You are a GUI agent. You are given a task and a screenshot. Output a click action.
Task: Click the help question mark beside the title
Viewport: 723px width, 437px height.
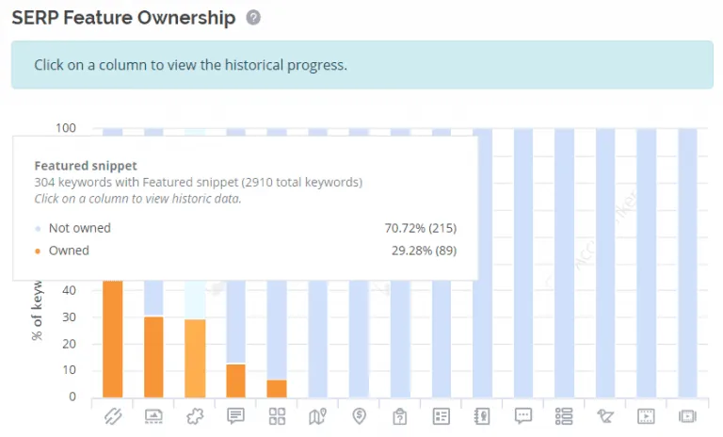[x=252, y=18]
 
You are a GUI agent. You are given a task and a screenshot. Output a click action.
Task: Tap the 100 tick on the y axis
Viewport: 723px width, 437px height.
[x=66, y=128]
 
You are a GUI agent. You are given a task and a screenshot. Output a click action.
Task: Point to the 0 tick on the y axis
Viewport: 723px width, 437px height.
[x=72, y=397]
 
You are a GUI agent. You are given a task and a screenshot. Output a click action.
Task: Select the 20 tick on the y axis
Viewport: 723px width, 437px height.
[x=69, y=343]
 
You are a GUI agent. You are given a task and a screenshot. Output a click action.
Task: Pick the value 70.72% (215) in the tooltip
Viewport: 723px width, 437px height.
[x=415, y=228]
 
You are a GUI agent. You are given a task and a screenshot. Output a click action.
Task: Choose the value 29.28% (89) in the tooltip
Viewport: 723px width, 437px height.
[x=424, y=251]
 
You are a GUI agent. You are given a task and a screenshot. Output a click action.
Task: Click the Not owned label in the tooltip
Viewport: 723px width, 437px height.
[x=80, y=228]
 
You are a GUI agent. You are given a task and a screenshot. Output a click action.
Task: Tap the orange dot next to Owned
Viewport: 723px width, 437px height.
[x=37, y=251]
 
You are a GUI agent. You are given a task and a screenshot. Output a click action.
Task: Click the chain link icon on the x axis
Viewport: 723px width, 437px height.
[x=113, y=415]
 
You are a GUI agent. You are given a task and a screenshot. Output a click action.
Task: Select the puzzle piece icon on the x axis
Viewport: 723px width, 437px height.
[x=195, y=415]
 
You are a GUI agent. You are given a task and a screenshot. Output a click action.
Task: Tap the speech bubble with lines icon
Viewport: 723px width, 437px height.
[x=236, y=415]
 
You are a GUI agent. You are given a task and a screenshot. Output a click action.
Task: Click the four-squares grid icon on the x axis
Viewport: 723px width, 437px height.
[x=277, y=415]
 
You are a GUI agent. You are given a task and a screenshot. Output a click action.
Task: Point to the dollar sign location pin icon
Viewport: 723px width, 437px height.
[x=359, y=415]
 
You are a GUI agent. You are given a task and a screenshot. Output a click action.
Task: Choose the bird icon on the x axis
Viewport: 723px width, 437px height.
[x=605, y=415]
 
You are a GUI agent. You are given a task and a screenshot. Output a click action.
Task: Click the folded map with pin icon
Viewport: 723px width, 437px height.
[x=318, y=415]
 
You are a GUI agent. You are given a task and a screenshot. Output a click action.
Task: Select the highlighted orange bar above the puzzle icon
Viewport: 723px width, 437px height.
[x=195, y=358]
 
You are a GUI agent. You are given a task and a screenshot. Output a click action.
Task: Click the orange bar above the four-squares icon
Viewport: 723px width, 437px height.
[x=277, y=388]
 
